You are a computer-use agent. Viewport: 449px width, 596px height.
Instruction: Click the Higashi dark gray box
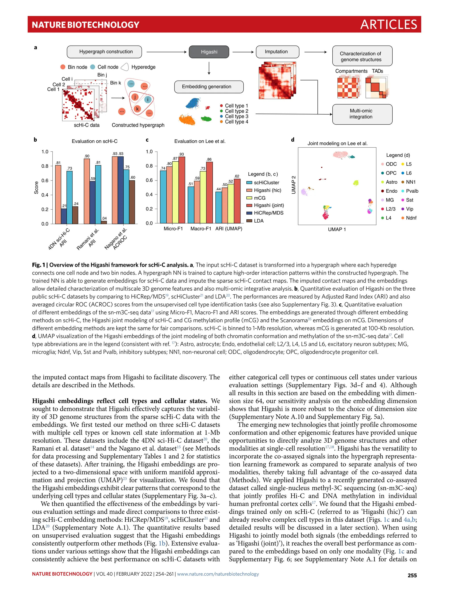coord(209,52)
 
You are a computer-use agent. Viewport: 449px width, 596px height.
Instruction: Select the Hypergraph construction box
coord(104,52)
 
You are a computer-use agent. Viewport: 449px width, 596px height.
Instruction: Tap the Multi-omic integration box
coord(362,114)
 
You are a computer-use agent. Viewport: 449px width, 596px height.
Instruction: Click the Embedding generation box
coord(209,87)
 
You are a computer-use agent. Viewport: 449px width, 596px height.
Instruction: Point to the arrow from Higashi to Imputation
coord(242,52)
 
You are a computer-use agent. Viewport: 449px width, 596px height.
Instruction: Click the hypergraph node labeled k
coord(137,109)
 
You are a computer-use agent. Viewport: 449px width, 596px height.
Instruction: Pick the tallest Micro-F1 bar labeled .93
coord(182,190)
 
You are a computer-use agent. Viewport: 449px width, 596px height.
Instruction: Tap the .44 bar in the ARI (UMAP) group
coord(218,207)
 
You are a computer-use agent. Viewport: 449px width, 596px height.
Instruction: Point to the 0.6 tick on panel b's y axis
coord(45,180)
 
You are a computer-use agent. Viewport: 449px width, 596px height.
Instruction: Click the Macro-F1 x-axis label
coord(201,229)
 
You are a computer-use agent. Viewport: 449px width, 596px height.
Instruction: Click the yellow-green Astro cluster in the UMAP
coord(356,183)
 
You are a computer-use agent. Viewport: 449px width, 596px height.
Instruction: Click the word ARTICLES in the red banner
coord(388,25)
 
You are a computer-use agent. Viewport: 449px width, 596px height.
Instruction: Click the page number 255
coord(412,575)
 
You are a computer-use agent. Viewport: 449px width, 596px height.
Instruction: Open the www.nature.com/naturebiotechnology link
coord(218,574)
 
